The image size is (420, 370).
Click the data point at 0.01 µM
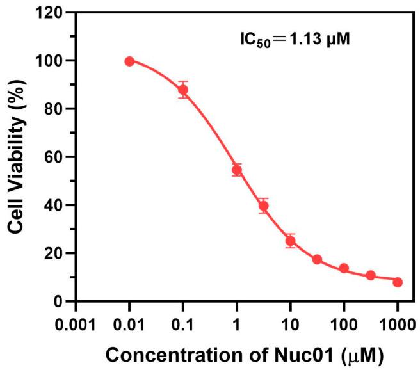click(129, 61)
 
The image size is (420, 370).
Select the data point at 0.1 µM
click(183, 90)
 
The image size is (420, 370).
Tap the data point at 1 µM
click(237, 170)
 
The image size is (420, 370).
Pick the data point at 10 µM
click(290, 241)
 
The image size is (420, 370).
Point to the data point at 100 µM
click(344, 268)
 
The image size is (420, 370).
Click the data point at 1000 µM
click(398, 282)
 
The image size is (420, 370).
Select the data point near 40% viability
click(263, 205)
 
